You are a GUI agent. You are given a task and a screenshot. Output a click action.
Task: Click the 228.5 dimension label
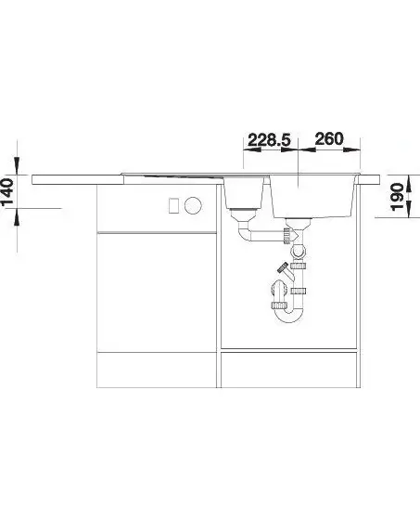pos(269,139)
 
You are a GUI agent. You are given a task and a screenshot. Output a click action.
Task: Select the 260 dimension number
pos(329,139)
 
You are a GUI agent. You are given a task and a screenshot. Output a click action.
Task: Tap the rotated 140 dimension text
pos(7,192)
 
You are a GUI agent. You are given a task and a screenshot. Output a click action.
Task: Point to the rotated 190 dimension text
pos(398,197)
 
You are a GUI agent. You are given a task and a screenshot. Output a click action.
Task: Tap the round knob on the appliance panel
pos(193,205)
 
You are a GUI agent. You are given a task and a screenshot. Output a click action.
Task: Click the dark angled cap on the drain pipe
pos(283,267)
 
